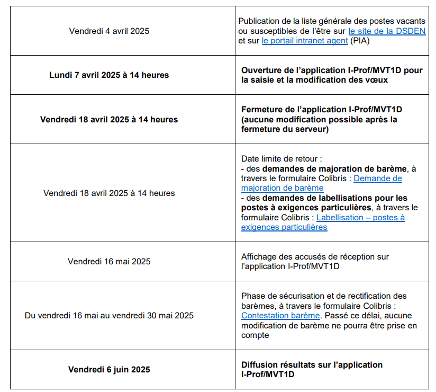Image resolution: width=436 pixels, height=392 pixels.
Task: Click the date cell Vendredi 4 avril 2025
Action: click(x=109, y=31)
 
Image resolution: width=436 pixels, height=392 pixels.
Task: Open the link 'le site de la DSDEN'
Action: click(x=387, y=31)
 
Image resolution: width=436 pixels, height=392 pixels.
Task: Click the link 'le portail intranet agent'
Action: click(x=304, y=41)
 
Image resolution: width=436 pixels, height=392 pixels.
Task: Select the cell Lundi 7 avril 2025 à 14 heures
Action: click(x=109, y=75)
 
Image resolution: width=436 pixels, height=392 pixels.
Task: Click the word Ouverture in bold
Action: click(x=260, y=70)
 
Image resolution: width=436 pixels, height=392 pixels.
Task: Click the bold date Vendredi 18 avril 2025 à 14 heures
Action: click(x=109, y=120)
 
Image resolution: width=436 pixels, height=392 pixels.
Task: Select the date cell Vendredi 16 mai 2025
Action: click(x=109, y=261)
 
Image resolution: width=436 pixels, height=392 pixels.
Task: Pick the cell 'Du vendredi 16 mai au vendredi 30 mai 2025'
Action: click(x=109, y=316)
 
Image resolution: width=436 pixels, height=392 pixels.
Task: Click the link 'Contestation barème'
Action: click(x=273, y=316)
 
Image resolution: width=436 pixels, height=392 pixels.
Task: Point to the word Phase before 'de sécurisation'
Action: click(x=252, y=296)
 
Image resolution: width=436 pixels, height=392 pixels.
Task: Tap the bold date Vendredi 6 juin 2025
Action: click(x=109, y=370)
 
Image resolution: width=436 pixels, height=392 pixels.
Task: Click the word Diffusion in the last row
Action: click(x=259, y=365)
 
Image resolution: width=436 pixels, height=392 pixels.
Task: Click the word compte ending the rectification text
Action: click(x=255, y=335)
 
